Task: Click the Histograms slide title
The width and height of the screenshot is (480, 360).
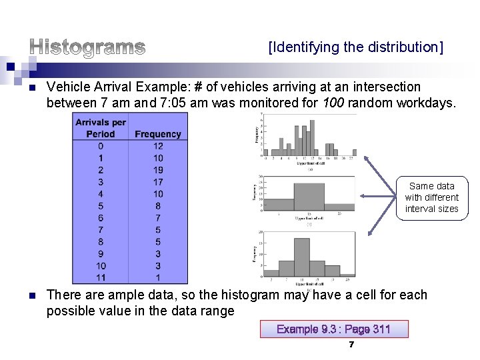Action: coord(87,47)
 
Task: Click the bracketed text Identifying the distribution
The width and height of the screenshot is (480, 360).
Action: coord(355,47)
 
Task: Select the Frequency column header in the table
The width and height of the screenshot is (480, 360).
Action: coord(158,134)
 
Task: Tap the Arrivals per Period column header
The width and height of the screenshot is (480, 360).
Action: coord(101,128)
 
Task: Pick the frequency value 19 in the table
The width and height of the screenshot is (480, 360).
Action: coord(158,170)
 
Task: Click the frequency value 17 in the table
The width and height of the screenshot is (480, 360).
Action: coord(158,182)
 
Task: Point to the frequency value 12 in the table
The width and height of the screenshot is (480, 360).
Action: coord(158,146)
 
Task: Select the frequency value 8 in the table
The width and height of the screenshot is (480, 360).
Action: coord(158,206)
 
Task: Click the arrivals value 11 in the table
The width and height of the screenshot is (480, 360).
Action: coord(101,278)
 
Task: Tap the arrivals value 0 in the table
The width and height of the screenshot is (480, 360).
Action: coord(101,146)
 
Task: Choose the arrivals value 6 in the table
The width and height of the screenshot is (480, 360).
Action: coord(101,218)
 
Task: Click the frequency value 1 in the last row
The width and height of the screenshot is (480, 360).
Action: coord(158,278)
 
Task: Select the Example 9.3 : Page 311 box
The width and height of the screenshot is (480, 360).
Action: coord(333,329)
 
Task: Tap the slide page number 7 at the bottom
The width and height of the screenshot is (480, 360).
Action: coord(351,345)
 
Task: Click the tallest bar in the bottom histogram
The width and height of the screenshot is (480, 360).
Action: coord(302,257)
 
